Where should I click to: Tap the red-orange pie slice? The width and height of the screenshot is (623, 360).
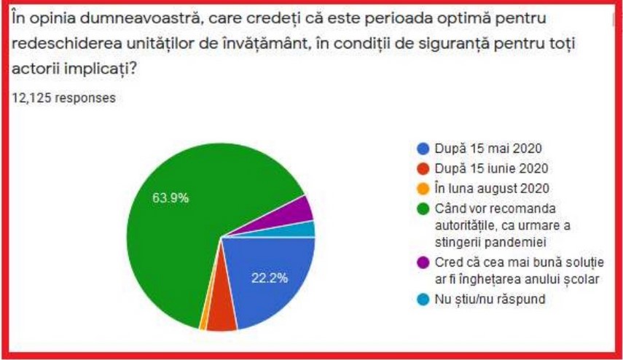220,318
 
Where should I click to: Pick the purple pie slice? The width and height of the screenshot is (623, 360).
302,210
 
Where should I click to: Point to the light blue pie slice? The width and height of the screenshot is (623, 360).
309,229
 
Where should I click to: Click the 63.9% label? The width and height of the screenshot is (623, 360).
170,197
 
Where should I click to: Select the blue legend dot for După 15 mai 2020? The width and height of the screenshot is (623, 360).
423,149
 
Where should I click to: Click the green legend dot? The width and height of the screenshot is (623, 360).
423,208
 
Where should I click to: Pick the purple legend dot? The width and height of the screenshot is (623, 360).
423,262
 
